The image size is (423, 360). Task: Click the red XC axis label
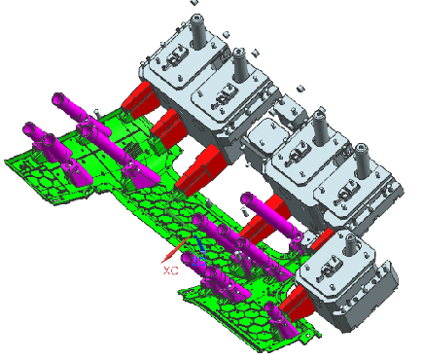click(x=171, y=270)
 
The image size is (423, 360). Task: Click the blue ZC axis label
click(x=198, y=261)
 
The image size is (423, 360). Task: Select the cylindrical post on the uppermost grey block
click(x=197, y=31)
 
